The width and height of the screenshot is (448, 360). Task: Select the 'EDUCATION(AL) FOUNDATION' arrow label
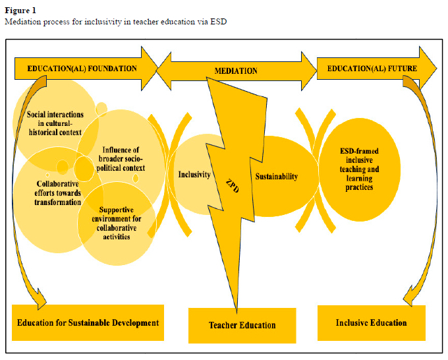click(82, 68)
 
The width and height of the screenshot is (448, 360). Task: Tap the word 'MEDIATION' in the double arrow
click(236, 70)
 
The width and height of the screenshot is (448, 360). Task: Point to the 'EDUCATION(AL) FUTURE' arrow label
click(364, 68)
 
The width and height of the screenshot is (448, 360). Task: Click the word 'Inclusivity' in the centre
click(194, 175)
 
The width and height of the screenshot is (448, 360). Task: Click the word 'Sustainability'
click(276, 176)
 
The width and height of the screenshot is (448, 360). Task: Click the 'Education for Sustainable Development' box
click(88, 322)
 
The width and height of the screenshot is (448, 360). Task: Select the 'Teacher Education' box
click(242, 325)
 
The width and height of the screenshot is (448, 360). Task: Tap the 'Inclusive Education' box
click(371, 322)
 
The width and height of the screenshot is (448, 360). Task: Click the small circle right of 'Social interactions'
click(101, 108)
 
